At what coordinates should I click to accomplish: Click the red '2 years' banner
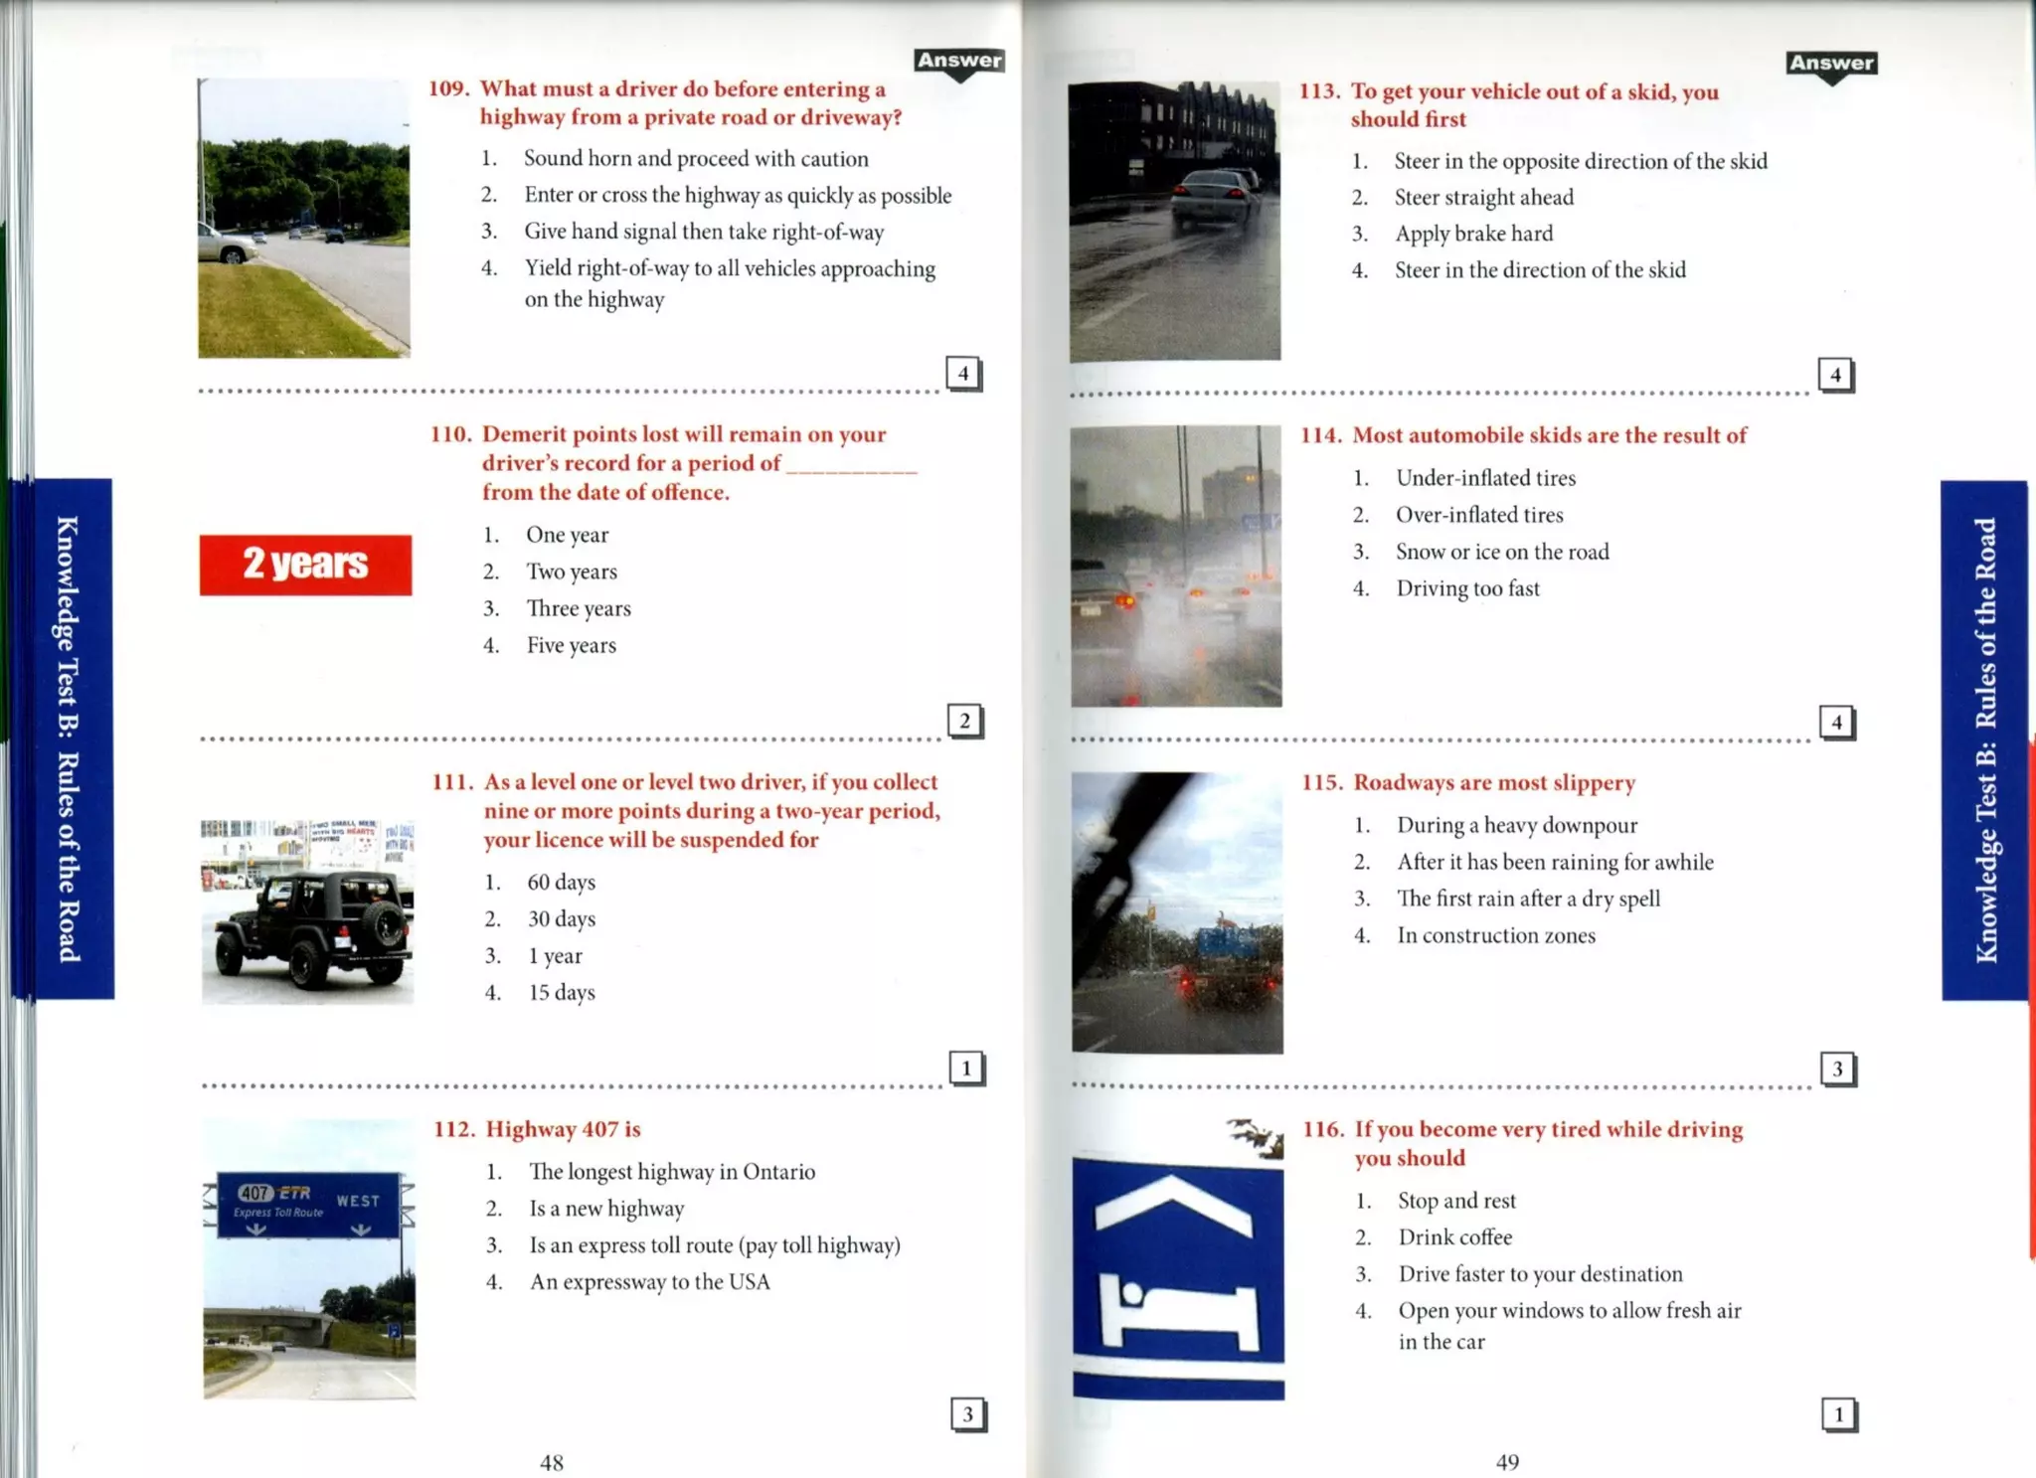(305, 565)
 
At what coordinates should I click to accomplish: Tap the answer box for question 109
(962, 374)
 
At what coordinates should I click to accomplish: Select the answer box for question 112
(967, 1414)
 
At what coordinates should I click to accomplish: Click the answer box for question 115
(1837, 1068)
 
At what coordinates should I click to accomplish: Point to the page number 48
(552, 1462)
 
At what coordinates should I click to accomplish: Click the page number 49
(1507, 1461)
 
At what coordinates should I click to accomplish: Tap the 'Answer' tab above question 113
(1831, 65)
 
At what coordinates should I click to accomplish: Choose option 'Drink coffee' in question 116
(1454, 1237)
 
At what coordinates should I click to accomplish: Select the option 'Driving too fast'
(1467, 588)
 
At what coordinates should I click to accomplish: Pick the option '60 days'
(561, 883)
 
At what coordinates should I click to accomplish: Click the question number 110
(450, 434)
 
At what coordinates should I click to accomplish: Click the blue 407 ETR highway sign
(308, 1204)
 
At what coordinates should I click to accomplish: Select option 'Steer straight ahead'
(1483, 198)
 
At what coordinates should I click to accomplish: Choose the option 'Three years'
(578, 608)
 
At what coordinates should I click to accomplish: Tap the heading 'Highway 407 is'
(563, 1129)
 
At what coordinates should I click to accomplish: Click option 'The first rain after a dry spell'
(1528, 899)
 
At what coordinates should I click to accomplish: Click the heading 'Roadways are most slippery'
(1493, 783)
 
